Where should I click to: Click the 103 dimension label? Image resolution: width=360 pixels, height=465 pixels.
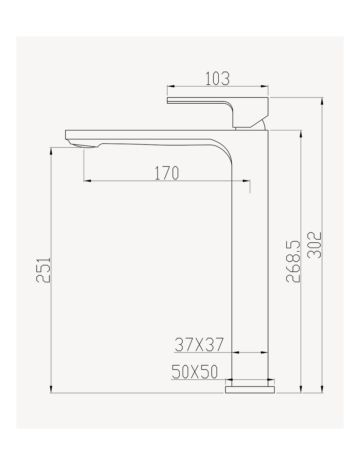217,78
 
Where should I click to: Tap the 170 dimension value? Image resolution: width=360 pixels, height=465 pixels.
166,173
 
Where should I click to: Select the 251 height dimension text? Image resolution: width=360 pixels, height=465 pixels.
43,270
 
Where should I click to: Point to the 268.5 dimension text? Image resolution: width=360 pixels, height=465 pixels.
293,262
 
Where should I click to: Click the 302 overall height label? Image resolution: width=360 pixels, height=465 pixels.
314,245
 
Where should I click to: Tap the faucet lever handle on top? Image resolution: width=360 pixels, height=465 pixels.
217,112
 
